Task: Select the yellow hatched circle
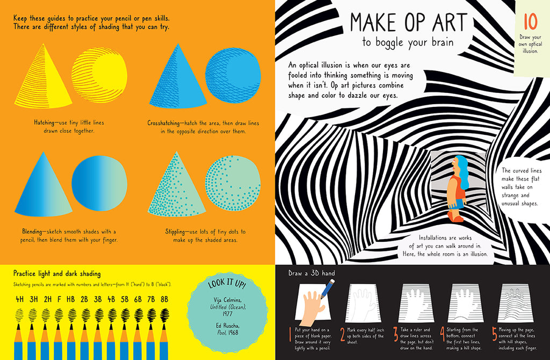click(99, 75)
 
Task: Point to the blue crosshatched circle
click(233, 75)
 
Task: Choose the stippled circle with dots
click(233, 184)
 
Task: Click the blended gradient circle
click(99, 184)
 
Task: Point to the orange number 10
click(530, 22)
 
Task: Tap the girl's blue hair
click(461, 172)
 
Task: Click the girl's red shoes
click(456, 218)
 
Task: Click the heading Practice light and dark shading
click(57, 273)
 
